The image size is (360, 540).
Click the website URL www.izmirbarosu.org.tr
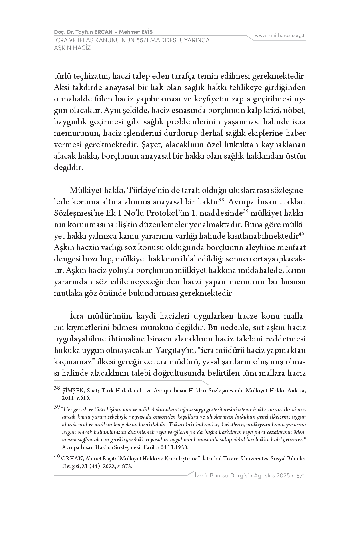(280, 35)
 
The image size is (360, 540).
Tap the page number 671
(301, 476)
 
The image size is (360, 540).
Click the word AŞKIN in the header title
(62, 48)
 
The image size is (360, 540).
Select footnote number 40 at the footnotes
(57, 457)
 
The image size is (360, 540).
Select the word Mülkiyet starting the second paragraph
(85, 190)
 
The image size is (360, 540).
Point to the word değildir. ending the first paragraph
(69, 167)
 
